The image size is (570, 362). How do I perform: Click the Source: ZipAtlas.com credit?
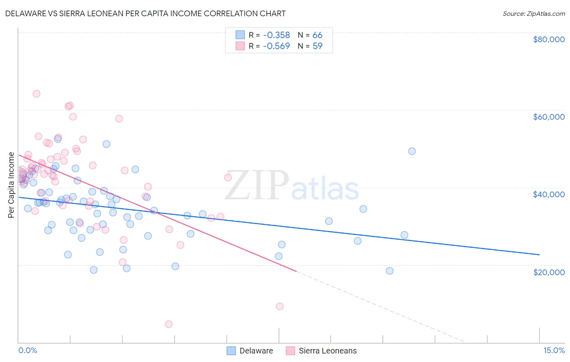pyautogui.click(x=534, y=13)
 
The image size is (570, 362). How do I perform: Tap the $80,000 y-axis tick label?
pyautogui.click(x=549, y=39)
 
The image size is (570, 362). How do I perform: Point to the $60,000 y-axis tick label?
pyautogui.click(x=549, y=117)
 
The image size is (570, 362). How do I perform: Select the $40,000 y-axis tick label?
pyautogui.click(x=549, y=194)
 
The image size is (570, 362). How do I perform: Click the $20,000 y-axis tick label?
pyautogui.click(x=549, y=272)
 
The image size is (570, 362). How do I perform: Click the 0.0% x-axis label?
pyautogui.click(x=28, y=350)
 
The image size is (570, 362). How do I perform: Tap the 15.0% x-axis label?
pyautogui.click(x=554, y=350)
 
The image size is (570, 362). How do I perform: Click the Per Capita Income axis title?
pyautogui.click(x=11, y=185)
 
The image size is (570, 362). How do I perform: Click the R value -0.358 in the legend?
pyautogui.click(x=276, y=35)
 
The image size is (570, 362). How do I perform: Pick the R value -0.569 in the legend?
pyautogui.click(x=276, y=46)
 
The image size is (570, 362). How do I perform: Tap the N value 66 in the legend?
pyautogui.click(x=317, y=35)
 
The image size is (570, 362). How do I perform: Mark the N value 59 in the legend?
pyautogui.click(x=317, y=46)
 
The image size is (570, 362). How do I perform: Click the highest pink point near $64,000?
pyautogui.click(x=36, y=94)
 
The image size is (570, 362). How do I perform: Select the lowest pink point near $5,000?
pyautogui.click(x=169, y=324)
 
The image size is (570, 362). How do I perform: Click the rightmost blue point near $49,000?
pyautogui.click(x=412, y=151)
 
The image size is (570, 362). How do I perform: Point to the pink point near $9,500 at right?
pyautogui.click(x=279, y=306)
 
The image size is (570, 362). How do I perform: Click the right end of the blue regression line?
pyautogui.click(x=539, y=254)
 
